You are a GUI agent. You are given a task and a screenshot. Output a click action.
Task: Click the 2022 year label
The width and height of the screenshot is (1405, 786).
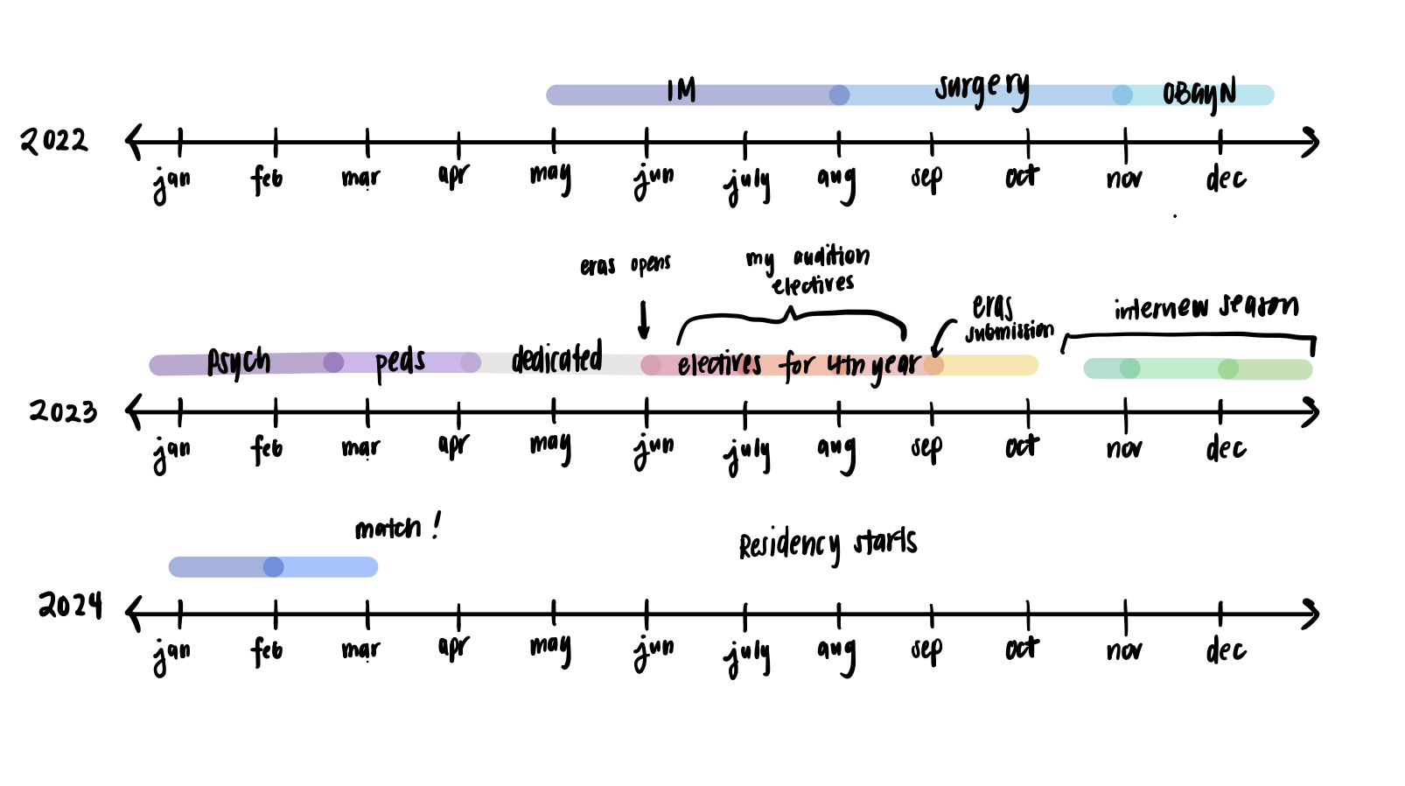point(54,141)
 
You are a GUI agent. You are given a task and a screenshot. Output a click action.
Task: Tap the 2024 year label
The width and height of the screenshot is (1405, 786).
point(70,605)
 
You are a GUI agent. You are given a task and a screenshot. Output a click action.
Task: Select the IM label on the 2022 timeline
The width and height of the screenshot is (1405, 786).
point(681,90)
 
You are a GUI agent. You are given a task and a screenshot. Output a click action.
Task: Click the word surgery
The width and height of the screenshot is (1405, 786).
point(982,88)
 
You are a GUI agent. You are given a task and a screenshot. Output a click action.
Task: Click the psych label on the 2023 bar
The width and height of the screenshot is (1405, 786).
point(238,361)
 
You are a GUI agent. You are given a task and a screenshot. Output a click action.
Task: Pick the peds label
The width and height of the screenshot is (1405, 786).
point(400,362)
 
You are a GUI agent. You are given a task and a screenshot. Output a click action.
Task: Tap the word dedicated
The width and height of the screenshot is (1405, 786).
point(556,358)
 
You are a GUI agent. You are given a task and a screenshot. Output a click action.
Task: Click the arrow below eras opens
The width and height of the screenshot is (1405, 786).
point(644,320)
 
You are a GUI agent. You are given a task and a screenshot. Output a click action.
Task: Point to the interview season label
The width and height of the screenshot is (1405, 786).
point(1206,306)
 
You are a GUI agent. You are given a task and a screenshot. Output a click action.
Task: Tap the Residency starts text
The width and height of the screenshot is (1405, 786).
point(828,544)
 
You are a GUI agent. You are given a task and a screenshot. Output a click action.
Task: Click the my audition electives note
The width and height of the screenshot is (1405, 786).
point(809,270)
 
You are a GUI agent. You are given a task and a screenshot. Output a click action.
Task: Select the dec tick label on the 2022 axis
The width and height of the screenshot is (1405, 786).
point(1225,179)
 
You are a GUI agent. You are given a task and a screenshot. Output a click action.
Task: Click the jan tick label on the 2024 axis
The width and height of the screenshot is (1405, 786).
point(171,653)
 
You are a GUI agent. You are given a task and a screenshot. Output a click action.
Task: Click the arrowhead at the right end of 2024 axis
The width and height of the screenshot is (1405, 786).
point(1310,614)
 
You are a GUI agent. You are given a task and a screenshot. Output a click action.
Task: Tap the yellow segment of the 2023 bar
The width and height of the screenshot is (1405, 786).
point(993,365)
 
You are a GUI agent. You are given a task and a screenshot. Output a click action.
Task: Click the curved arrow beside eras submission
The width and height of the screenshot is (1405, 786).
point(940,338)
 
